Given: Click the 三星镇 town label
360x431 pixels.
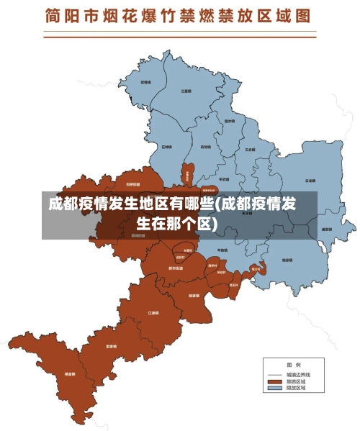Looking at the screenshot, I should [186, 91].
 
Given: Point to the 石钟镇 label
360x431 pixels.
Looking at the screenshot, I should [166, 147].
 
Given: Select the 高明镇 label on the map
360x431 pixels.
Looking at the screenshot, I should [205, 147].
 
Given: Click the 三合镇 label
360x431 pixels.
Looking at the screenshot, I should [249, 150].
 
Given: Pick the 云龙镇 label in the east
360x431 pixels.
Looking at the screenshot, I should [310, 181].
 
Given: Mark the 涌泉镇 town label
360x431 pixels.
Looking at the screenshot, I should [326, 230].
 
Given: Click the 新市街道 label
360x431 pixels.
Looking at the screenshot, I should [175, 268].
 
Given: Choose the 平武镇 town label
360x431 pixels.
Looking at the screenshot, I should [223, 179].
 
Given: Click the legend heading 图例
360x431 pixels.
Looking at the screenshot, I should [293, 364].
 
